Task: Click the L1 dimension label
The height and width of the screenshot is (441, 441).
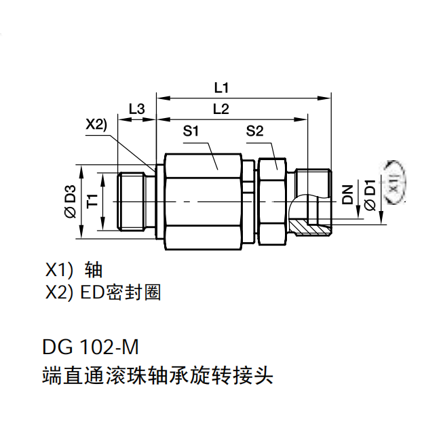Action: click(221, 88)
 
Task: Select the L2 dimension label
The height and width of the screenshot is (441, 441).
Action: click(221, 109)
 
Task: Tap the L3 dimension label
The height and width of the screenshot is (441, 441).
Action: click(136, 109)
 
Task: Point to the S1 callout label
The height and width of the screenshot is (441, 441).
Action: click(191, 131)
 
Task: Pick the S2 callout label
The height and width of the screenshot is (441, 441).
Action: click(254, 131)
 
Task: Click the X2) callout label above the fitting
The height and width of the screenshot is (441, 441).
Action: click(96, 124)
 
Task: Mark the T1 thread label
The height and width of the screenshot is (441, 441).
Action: click(92, 201)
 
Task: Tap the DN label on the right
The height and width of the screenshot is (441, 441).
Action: click(348, 194)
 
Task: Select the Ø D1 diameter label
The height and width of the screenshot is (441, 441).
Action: click(370, 195)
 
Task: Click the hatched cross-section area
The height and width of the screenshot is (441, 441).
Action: click(309, 228)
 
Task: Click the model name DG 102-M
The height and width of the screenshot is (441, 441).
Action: click(90, 347)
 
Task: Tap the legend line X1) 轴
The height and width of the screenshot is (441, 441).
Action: click(74, 270)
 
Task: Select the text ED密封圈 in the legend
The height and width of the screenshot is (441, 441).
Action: click(121, 292)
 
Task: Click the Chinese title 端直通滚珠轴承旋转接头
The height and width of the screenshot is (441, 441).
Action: click(157, 375)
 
